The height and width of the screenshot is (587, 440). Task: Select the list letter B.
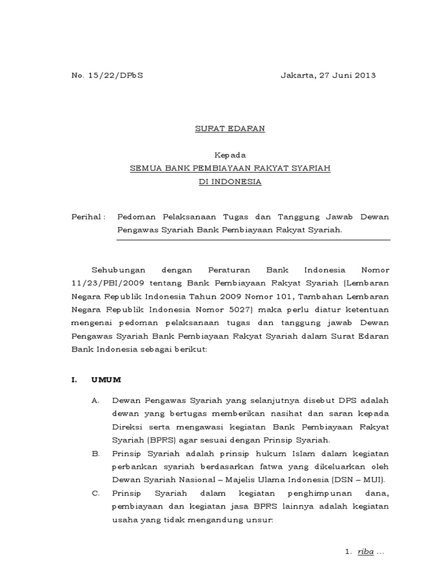click(x=95, y=453)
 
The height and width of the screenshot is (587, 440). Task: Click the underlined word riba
click(x=365, y=551)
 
